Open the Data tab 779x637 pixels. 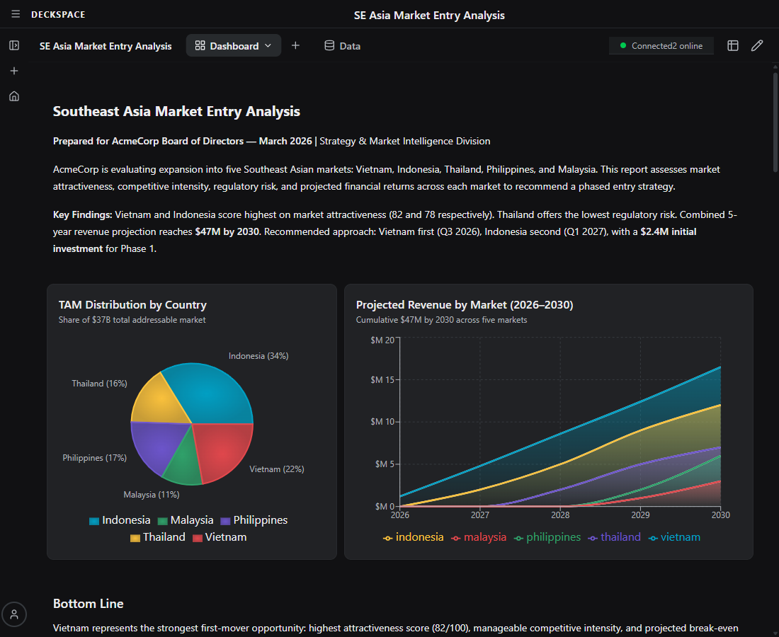coord(342,46)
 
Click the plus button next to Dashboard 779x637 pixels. coord(295,46)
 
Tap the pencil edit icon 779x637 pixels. coord(757,46)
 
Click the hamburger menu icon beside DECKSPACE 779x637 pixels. coord(16,15)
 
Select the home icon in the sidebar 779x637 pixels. coord(14,96)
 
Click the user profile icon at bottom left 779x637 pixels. coord(14,614)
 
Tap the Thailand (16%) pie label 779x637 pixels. coord(99,384)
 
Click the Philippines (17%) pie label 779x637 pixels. coord(94,458)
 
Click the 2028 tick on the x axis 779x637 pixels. coord(560,515)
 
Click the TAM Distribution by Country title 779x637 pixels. coord(132,305)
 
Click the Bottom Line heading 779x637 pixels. coord(89,604)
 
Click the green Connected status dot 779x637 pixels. coord(623,46)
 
